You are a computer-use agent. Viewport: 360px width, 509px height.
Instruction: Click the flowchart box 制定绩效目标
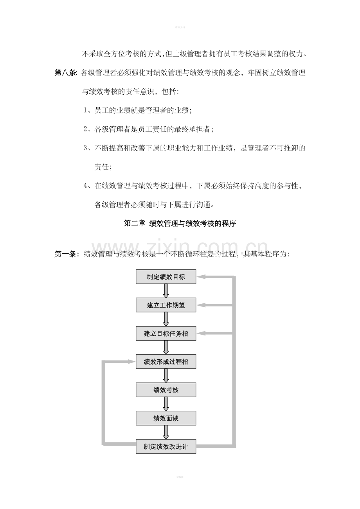(x=166, y=277)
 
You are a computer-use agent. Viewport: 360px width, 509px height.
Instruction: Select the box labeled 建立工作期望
(x=166, y=305)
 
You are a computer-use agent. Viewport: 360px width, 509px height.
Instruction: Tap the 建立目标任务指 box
(x=166, y=333)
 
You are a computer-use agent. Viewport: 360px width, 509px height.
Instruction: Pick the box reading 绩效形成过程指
(x=166, y=362)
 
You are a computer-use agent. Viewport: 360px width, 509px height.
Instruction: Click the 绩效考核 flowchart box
(x=166, y=390)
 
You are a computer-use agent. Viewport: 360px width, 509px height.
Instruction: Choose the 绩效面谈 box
(x=166, y=418)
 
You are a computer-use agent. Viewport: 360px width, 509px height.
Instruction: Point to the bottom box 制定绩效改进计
(x=166, y=446)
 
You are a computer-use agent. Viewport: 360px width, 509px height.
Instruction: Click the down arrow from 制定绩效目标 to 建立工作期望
(x=166, y=291)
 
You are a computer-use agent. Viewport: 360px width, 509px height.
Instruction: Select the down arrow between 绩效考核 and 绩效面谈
(x=166, y=404)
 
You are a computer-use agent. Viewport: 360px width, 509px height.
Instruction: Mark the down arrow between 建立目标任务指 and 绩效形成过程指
(x=166, y=348)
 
